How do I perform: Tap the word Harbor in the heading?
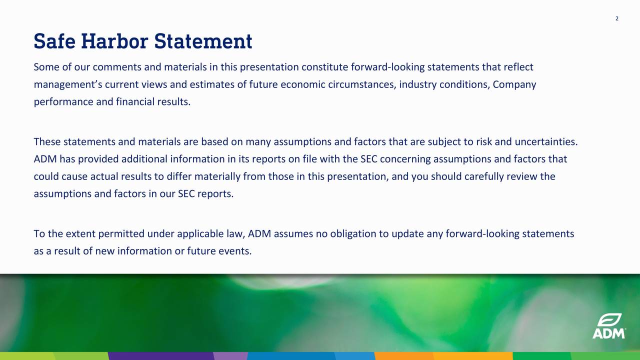point(114,41)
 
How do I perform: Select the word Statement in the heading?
point(203,41)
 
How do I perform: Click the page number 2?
point(617,18)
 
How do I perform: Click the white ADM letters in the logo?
point(608,333)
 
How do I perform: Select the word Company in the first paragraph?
point(514,84)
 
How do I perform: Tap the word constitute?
point(324,67)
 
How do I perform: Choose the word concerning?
point(407,159)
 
